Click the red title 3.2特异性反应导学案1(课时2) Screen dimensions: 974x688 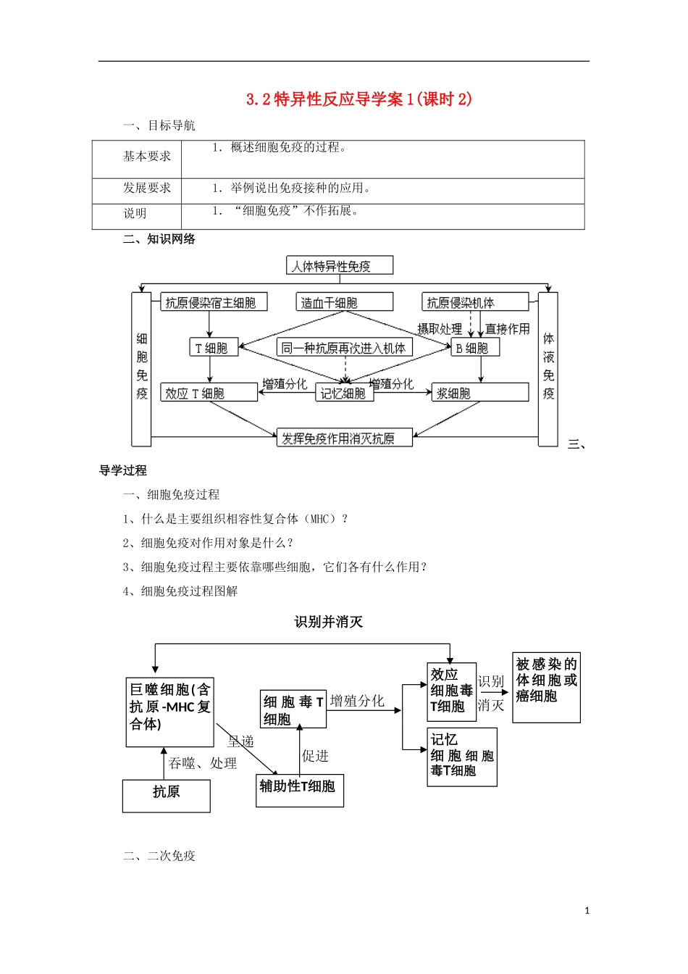(359, 99)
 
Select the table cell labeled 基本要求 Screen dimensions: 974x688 (147, 157)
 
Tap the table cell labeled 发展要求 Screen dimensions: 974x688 (147, 188)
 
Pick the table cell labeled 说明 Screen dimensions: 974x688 (135, 214)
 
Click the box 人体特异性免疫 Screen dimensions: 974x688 (340, 266)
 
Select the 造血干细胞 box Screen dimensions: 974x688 (345, 302)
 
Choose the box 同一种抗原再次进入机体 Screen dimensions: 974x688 (344, 348)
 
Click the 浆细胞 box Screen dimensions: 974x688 (480, 393)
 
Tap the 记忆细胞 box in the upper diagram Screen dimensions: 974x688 (345, 393)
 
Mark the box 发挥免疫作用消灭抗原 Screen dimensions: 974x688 (345, 438)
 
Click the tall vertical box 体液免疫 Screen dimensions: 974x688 (548, 369)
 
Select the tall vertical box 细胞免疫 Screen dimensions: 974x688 (141, 369)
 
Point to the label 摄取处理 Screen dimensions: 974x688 (440, 329)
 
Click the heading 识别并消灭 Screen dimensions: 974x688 (329, 622)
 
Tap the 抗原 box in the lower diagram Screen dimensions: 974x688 (167, 796)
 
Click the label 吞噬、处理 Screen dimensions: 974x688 (203, 763)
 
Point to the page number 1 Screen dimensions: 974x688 (587, 911)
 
